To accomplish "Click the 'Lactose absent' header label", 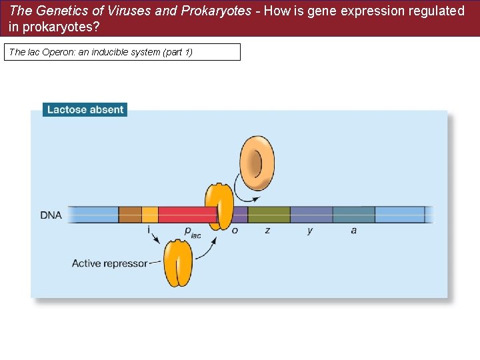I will [x=85, y=109].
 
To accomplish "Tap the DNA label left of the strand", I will [x=51, y=215].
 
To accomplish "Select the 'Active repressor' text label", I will [x=109, y=263].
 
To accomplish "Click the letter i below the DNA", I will [x=149, y=230].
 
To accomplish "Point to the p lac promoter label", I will [x=191, y=231].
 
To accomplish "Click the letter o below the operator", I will [x=235, y=230].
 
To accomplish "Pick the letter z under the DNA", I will [x=267, y=230].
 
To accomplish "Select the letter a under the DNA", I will [x=353, y=230].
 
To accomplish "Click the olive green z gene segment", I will [x=269, y=215].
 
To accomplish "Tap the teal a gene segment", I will [x=353, y=215].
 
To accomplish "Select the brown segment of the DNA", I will [x=129, y=215].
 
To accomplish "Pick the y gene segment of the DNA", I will [x=311, y=215].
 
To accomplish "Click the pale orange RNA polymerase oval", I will [x=256, y=162].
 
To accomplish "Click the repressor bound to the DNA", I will [x=219, y=205].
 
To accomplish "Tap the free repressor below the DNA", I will [x=178, y=264].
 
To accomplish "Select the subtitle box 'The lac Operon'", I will [x=122, y=52].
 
